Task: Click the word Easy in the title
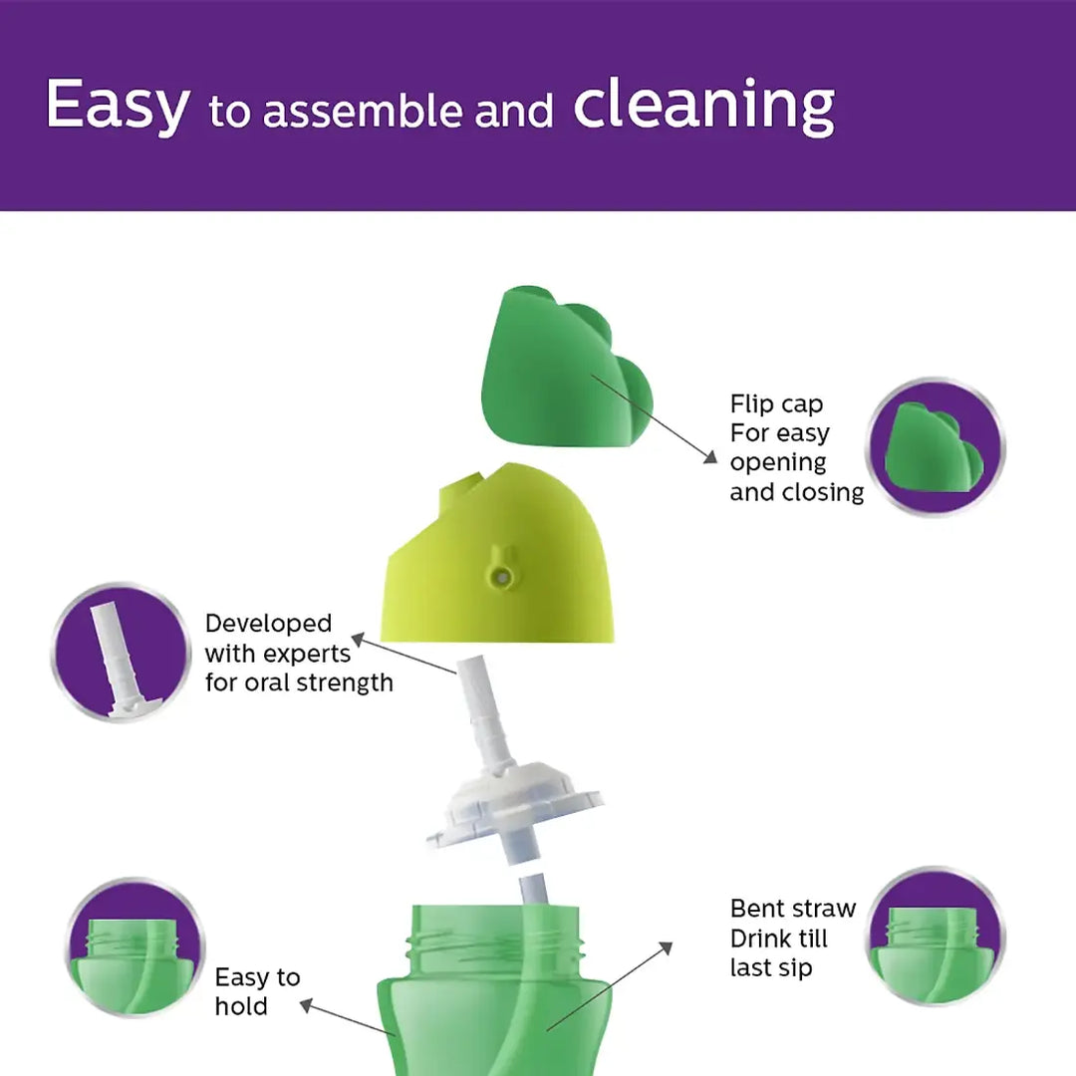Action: [x=117, y=105]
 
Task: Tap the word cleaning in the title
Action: [x=703, y=106]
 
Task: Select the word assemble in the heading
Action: [x=365, y=112]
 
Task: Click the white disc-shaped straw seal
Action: [x=514, y=807]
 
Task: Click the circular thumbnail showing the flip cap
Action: [x=935, y=447]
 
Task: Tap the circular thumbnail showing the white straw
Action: [x=119, y=653]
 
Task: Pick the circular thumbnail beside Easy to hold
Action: [x=134, y=946]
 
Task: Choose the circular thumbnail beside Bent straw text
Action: [x=934, y=937]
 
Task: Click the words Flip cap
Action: [x=777, y=404]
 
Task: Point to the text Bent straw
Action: [x=793, y=909]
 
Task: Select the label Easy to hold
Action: [x=257, y=991]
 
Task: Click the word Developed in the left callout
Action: [x=268, y=624]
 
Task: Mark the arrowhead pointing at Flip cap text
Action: [x=709, y=457]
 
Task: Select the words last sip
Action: [x=771, y=967]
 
